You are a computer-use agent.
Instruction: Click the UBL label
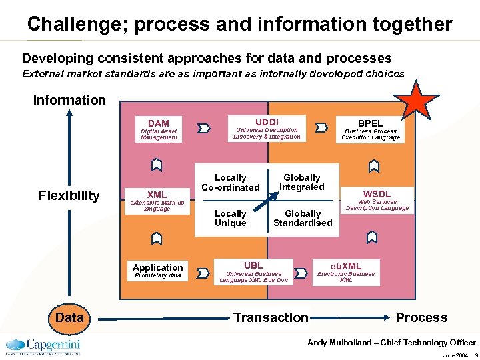coord(253,265)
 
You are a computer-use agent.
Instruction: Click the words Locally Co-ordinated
coord(230,183)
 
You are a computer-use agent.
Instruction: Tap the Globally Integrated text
coord(302,182)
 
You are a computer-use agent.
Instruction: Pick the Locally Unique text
coord(230,218)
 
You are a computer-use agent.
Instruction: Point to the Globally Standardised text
coord(303,218)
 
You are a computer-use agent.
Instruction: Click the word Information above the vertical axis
coord(69,100)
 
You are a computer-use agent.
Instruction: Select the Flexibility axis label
coord(69,195)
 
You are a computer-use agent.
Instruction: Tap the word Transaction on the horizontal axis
coord(271,317)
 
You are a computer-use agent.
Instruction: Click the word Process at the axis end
coord(421,317)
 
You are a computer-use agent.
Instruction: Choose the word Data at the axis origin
coord(69,317)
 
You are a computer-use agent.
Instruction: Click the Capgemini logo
coord(43,346)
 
